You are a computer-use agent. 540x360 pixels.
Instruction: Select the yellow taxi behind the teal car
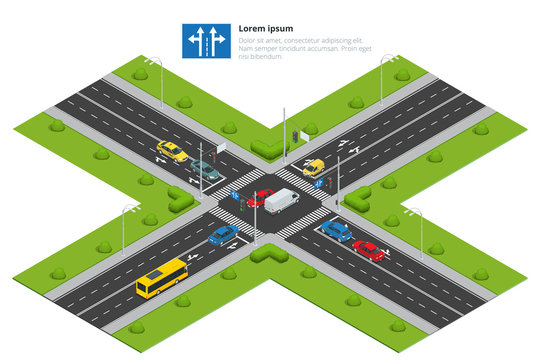pyautogui.click(x=172, y=151)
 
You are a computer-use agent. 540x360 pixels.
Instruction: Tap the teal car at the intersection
pyautogui.click(x=205, y=170)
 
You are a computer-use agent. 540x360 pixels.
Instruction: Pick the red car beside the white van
pyautogui.click(x=260, y=197)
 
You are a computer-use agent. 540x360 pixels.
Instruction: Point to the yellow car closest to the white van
pyautogui.click(x=314, y=167)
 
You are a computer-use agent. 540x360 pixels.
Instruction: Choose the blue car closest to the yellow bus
pyautogui.click(x=224, y=235)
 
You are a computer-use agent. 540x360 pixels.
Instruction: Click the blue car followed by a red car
pyautogui.click(x=336, y=231)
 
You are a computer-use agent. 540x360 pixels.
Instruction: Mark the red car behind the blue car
pyautogui.click(x=368, y=250)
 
